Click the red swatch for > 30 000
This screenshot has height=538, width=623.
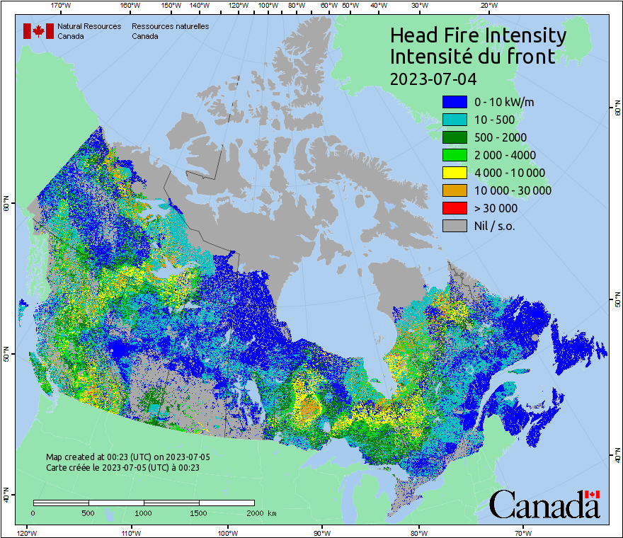tap(455, 208)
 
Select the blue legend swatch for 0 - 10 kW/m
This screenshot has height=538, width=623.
tap(455, 102)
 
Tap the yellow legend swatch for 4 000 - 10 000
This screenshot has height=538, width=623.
tap(455, 173)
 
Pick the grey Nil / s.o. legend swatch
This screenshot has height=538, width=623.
tap(455, 226)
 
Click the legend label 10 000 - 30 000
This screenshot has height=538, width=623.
tap(513, 190)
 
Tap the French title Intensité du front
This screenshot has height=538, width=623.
tap(472, 57)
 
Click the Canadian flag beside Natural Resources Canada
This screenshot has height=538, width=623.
tap(38, 31)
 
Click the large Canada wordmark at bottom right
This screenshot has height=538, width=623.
tap(544, 504)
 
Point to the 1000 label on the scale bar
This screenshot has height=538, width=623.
tap(144, 513)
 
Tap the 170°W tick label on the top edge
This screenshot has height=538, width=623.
tap(62, 6)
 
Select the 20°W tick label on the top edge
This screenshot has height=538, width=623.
tap(488, 6)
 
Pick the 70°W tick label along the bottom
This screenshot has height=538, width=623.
tap(522, 532)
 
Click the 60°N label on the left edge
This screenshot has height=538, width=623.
tap(6, 206)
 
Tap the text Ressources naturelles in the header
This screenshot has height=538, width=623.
tap(170, 26)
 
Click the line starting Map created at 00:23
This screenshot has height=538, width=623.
tap(127, 457)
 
